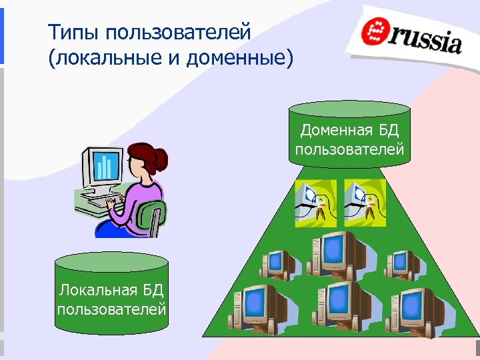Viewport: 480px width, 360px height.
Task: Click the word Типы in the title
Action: tap(73, 32)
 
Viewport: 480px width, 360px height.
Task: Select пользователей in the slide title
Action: tap(177, 32)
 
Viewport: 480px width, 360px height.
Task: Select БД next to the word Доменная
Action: tap(388, 129)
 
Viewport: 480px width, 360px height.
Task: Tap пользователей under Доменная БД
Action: tap(350, 148)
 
